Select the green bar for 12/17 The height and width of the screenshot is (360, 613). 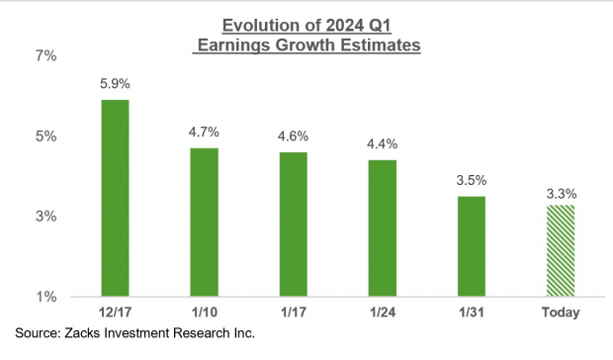tap(115, 198)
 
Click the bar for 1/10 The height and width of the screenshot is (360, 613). tap(204, 222)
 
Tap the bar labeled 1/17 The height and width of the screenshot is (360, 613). tap(293, 224)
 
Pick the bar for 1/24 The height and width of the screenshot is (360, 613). tap(382, 227)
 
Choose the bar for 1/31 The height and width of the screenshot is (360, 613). tap(471, 246)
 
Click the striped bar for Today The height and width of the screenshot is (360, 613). tap(560, 250)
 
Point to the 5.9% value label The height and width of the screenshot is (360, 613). tap(115, 85)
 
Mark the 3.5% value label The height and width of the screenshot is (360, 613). tap(471, 182)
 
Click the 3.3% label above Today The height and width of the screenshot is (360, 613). tap(560, 191)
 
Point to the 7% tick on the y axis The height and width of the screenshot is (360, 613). tap(46, 56)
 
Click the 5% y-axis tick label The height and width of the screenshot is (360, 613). tap(46, 136)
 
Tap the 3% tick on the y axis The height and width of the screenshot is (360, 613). tap(46, 217)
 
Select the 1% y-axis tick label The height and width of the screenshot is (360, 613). tap(46, 297)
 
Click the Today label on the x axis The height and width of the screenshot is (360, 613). tap(560, 314)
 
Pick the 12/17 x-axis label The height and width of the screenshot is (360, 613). tap(115, 314)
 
